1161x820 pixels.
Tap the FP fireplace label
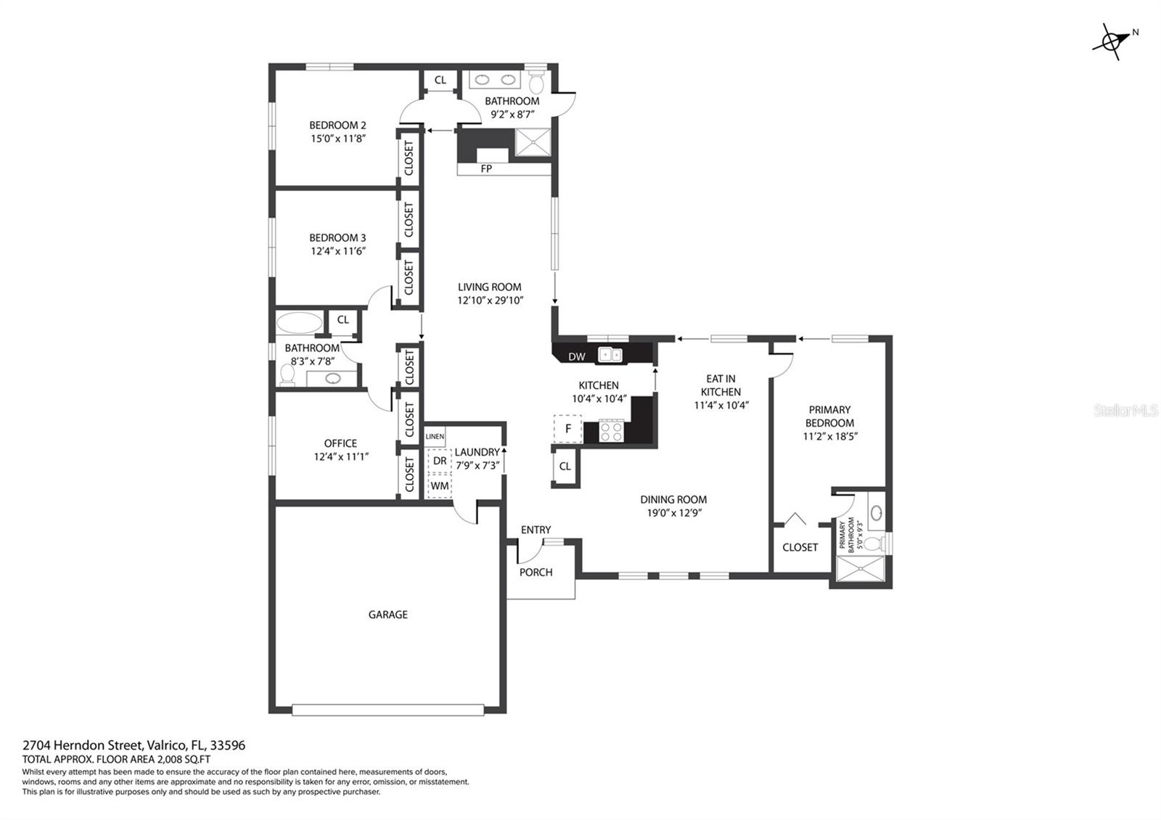(486, 168)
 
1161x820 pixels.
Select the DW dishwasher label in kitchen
(576, 356)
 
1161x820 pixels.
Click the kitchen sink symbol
(610, 355)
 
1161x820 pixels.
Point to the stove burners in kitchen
(612, 431)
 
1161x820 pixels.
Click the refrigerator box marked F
(567, 429)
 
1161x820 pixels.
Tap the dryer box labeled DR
(440, 461)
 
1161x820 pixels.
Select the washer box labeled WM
(440, 485)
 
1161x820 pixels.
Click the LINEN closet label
(435, 436)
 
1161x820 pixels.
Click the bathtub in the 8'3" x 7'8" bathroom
(299, 322)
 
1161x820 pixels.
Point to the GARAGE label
(387, 615)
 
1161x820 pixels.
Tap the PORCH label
(536, 572)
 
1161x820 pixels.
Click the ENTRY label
(536, 530)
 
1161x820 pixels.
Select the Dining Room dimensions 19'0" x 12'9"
(673, 512)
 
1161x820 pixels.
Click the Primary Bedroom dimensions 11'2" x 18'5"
(830, 436)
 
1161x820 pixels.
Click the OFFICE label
(340, 443)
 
